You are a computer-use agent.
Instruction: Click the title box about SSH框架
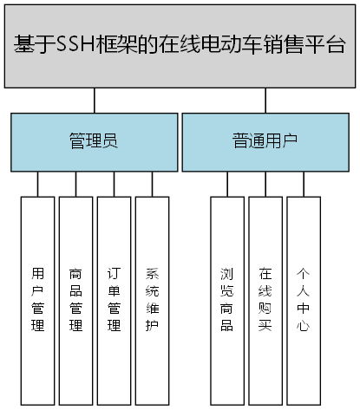(180, 45)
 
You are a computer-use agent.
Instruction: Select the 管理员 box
(94, 142)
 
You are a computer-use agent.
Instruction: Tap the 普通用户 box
(265, 142)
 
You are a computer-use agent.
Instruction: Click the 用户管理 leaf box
(37, 299)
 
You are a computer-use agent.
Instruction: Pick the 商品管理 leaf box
(75, 299)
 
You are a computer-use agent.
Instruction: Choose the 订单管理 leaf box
(114, 299)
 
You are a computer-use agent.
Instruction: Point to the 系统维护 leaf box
(152, 299)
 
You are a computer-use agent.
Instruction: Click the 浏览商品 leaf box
(227, 299)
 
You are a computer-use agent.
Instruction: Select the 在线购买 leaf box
(265, 299)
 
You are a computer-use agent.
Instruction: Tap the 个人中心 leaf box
(304, 299)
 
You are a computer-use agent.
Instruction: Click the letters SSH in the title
(74, 46)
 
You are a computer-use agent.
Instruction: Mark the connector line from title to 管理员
(94, 100)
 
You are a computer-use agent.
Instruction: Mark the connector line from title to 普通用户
(265, 100)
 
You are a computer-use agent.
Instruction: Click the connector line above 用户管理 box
(37, 184)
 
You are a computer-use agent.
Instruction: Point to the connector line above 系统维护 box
(152, 184)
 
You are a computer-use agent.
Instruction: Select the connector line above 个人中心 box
(304, 184)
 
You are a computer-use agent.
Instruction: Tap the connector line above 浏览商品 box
(227, 184)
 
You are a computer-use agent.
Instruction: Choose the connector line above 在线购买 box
(265, 184)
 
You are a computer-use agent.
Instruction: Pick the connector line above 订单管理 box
(114, 184)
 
